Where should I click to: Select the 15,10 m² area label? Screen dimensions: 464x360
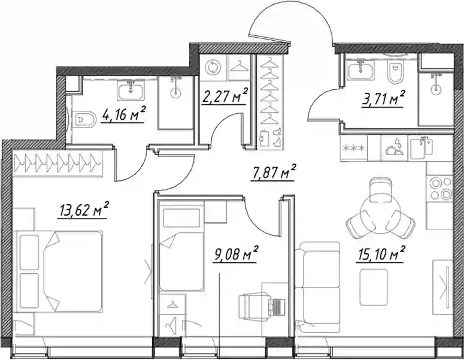(x=381, y=254)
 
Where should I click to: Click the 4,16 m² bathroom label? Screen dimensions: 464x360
(x=123, y=113)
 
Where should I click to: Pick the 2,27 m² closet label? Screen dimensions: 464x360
(x=225, y=96)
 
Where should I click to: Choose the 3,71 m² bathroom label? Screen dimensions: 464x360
(x=383, y=99)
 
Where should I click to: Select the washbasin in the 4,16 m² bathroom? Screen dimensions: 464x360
(x=131, y=90)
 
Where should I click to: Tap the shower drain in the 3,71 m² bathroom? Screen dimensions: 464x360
(x=435, y=90)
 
